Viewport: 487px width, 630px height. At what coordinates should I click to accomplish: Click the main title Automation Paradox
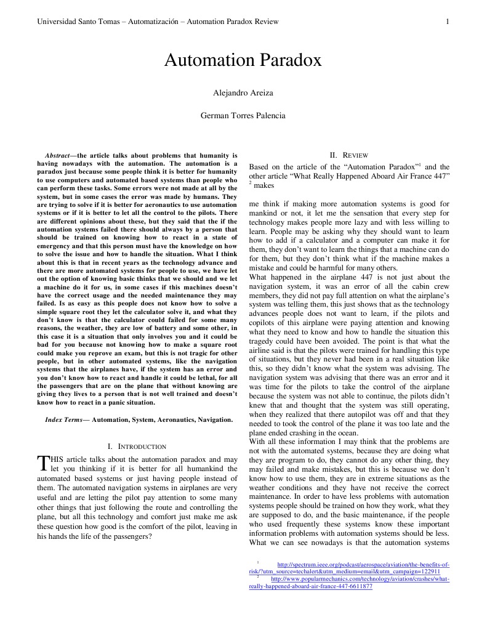[243, 60]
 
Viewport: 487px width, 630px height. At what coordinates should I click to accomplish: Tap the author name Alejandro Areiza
[243, 93]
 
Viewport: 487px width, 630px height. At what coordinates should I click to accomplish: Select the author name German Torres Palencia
[243, 115]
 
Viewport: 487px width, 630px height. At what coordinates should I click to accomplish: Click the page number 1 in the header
[448, 22]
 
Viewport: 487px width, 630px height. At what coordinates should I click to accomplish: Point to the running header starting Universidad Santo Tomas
[158, 22]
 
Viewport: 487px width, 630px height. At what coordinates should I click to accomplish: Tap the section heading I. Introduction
[137, 446]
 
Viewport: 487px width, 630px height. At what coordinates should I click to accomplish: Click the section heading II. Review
[348, 155]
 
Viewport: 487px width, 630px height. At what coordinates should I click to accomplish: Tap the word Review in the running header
[267, 22]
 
